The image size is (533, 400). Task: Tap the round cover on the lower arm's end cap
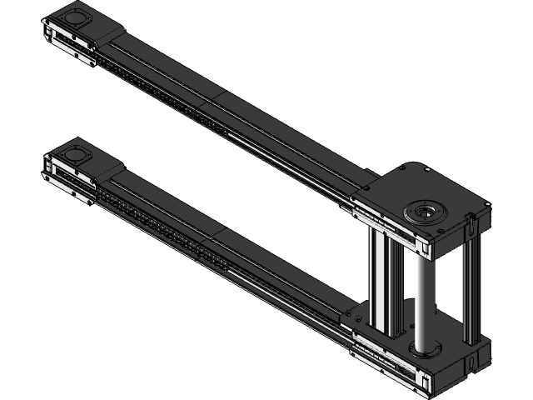click(x=76, y=155)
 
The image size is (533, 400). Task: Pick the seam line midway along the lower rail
click(x=219, y=236)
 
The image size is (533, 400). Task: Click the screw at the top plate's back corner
click(x=403, y=167)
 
